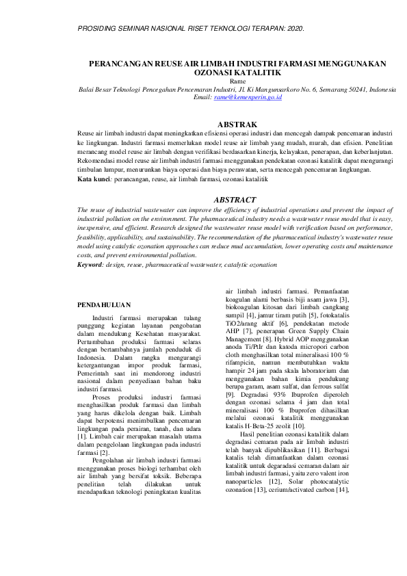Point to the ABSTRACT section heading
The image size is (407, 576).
coord(235,200)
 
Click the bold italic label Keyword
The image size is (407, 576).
coord(92,263)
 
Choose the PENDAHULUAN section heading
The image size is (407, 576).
coord(103,304)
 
